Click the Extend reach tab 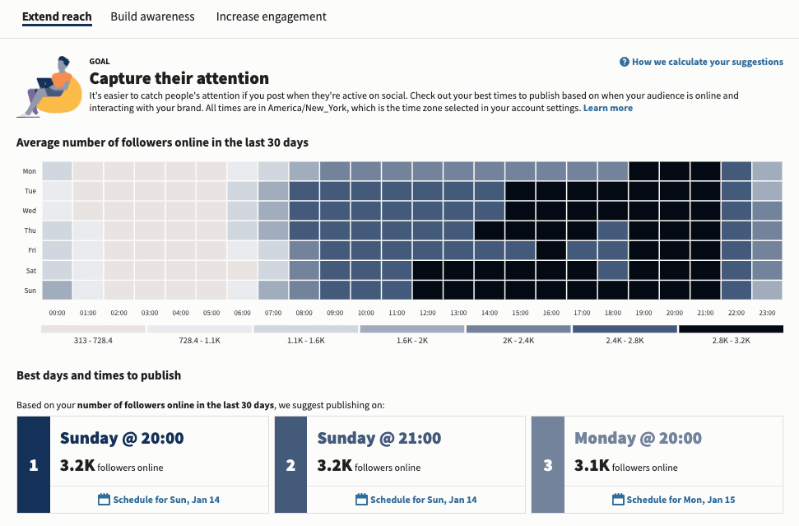(x=57, y=16)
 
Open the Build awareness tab (x=152, y=16)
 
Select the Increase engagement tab (x=271, y=16)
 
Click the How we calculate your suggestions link (x=701, y=62)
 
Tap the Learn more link (x=607, y=108)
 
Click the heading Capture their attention (x=179, y=79)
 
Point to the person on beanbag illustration (x=52, y=86)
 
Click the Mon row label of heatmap (x=29, y=171)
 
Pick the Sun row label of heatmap (x=29, y=291)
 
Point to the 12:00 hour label (x=427, y=313)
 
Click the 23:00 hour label (x=767, y=313)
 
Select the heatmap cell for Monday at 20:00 (x=674, y=171)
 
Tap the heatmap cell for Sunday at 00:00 (x=57, y=291)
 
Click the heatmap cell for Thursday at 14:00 (x=489, y=230)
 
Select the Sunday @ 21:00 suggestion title (x=379, y=438)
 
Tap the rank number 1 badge (x=34, y=465)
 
